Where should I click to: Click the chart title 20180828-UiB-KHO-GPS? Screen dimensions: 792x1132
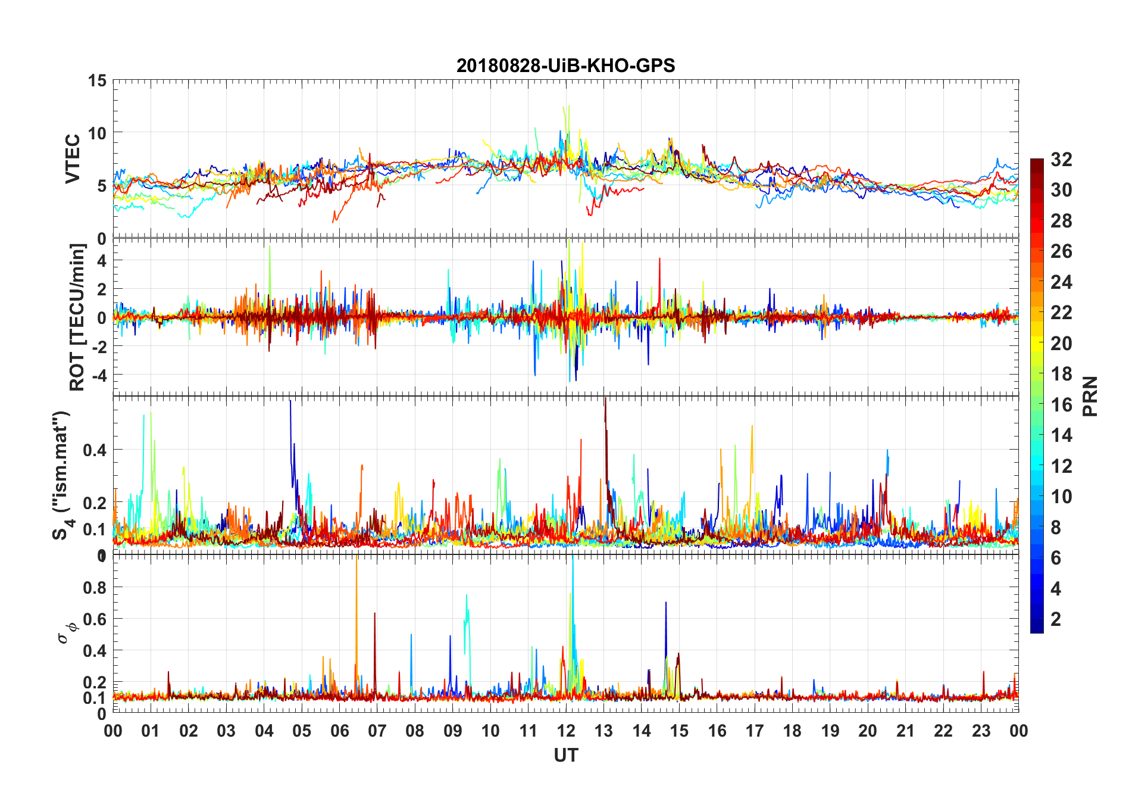click(x=565, y=66)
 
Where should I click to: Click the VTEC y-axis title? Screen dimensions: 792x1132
click(x=72, y=159)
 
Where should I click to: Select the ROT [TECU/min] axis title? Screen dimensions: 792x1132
click(x=77, y=317)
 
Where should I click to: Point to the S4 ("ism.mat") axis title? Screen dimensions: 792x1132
click(x=62, y=475)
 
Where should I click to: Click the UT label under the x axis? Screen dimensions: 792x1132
click(x=565, y=756)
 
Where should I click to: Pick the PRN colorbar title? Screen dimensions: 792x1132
click(x=1090, y=396)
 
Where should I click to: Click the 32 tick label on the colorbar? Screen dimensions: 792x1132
click(x=1061, y=159)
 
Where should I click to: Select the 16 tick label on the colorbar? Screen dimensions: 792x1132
click(x=1061, y=405)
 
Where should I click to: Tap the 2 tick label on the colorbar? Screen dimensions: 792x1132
click(x=1056, y=619)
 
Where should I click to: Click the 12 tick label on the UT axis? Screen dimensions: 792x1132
click(x=565, y=731)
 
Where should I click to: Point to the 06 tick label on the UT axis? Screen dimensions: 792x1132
click(x=339, y=731)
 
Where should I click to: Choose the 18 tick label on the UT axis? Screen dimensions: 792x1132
click(x=792, y=731)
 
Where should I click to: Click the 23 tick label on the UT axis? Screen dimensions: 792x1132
click(x=981, y=731)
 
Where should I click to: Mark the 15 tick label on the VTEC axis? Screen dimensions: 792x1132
click(x=96, y=80)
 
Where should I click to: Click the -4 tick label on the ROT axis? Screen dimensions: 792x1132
click(x=96, y=375)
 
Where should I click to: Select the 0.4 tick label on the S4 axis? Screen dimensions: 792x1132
click(x=94, y=450)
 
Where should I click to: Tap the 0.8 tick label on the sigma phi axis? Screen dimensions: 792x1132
click(x=94, y=588)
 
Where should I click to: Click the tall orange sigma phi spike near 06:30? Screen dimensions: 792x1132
click(x=356, y=595)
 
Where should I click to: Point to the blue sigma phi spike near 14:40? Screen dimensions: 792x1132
click(x=665, y=625)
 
